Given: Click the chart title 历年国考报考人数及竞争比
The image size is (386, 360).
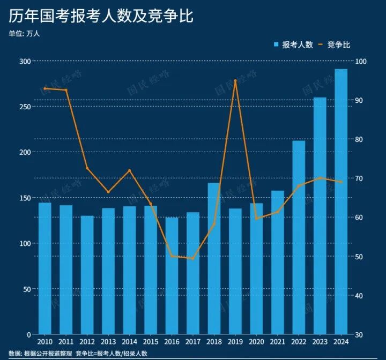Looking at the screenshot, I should pos(101,16).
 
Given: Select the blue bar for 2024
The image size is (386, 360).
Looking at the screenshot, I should pos(341,201).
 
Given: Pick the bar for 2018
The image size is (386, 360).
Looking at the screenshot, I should pos(214,258).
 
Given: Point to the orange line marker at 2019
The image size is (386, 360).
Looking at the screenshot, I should pos(235,81).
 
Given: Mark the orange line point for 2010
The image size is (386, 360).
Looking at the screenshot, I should pos(44,88).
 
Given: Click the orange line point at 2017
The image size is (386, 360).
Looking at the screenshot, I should pos(193,259).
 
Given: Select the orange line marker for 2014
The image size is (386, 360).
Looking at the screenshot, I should pos(129,171).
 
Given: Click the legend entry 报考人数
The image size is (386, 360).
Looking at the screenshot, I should pos(293,45).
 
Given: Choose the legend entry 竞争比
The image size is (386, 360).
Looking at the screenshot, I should pos(335,45).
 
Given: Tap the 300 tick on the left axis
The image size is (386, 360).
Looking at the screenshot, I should pos(25,62).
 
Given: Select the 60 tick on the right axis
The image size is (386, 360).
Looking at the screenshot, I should pos(358,217).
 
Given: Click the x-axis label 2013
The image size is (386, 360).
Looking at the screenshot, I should pos(108,342).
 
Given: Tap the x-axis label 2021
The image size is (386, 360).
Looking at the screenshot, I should pos(277,342).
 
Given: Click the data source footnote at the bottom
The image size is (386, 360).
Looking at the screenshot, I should pos(78,354).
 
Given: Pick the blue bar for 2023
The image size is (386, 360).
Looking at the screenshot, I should pos(320,215).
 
